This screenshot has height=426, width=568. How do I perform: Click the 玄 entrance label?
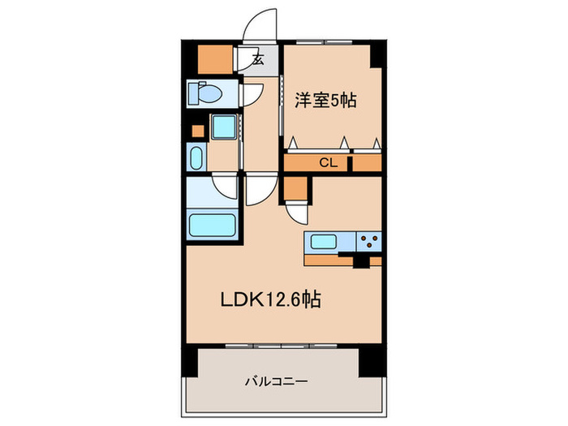(257, 59)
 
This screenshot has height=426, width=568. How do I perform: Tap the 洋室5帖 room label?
(325, 101)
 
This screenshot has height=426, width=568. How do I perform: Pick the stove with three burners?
(370, 241)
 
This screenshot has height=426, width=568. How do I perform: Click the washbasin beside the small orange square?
(196, 156)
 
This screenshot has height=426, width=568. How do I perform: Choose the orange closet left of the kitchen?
(296, 188)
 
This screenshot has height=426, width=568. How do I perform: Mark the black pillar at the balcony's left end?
(190, 363)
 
